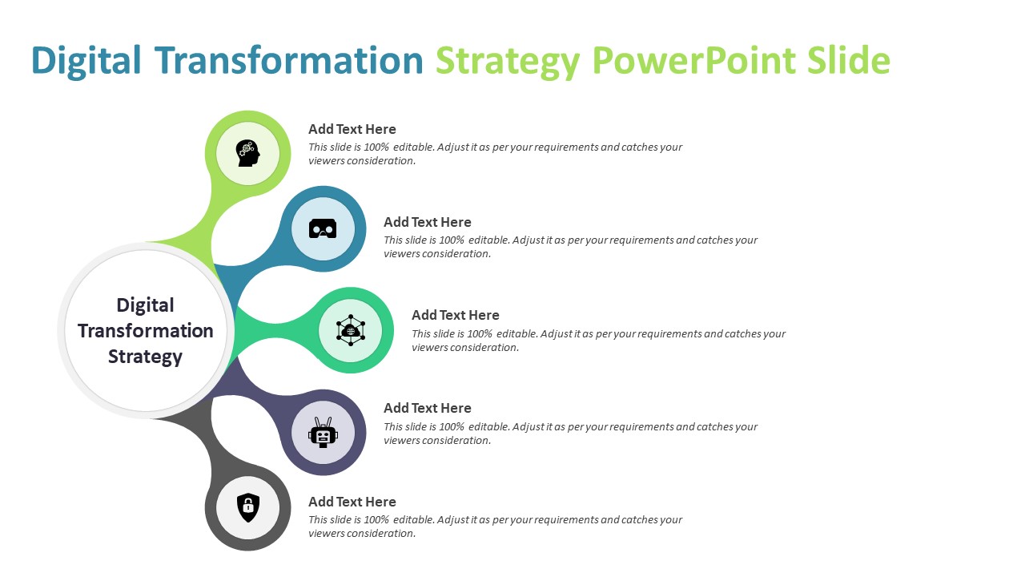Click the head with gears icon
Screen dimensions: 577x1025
click(x=247, y=153)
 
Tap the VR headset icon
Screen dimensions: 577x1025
click(x=323, y=229)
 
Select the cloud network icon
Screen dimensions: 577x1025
click(x=351, y=330)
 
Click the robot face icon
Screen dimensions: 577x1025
click(x=323, y=433)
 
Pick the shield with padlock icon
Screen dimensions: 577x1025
click(x=248, y=507)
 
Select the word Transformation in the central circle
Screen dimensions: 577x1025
click(x=146, y=331)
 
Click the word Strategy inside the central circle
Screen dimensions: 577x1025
click(x=146, y=357)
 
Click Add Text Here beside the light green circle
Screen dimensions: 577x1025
click(x=352, y=129)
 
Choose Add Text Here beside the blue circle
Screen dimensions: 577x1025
click(x=428, y=222)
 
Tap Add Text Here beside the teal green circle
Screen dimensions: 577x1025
click(x=456, y=315)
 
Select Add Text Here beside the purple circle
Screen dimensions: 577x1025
click(x=428, y=408)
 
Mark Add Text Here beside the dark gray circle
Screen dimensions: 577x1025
click(x=352, y=502)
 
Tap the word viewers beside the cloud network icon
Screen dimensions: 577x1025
click(x=429, y=348)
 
